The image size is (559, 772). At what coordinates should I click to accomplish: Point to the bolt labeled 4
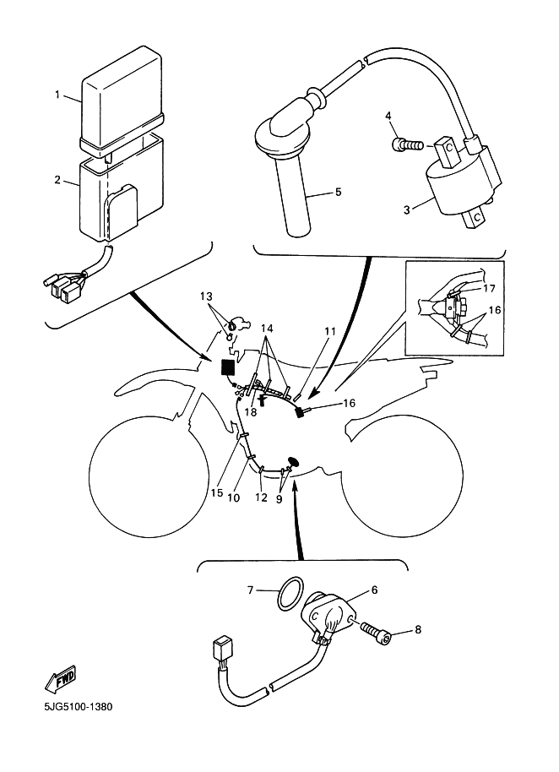coord(389,116)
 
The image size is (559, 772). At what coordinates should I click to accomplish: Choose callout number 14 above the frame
coord(268,327)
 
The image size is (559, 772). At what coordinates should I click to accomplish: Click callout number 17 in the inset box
coord(489,288)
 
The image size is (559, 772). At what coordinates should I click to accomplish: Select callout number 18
coord(251,412)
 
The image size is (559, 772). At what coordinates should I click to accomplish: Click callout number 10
coord(234,497)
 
